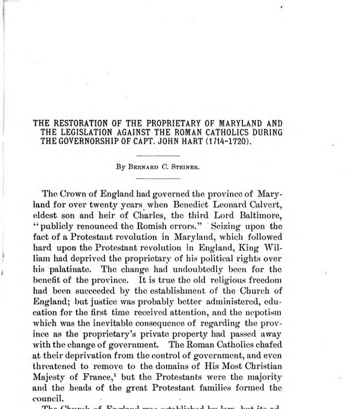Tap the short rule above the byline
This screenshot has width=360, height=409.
tap(158, 156)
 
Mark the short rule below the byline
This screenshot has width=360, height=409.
tap(158, 178)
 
